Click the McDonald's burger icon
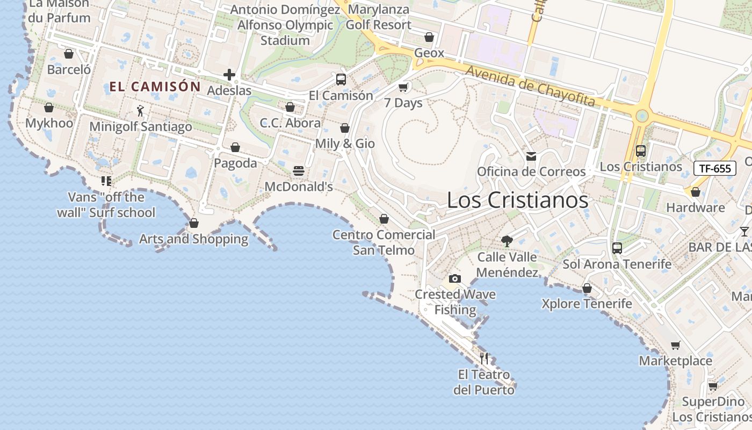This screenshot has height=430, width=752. [x=299, y=171]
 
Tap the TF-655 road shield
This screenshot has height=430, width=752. [x=714, y=168]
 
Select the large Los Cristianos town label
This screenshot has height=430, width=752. [x=517, y=200]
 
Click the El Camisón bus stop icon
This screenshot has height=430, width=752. [x=341, y=80]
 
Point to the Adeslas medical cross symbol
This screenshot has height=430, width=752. [x=229, y=75]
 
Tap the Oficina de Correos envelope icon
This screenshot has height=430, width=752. [x=531, y=156]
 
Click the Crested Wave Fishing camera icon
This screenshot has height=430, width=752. [x=455, y=278]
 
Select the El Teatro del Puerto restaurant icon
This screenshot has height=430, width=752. [x=484, y=358]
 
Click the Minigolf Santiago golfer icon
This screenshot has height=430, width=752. [x=140, y=111]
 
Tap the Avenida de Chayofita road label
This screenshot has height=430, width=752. [x=530, y=86]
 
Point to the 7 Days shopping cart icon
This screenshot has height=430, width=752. [x=403, y=87]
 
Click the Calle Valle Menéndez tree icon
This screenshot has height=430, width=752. [x=507, y=241]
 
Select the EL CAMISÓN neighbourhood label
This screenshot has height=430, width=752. [x=155, y=87]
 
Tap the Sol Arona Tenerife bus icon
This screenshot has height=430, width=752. [x=617, y=248]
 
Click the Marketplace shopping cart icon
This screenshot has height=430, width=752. [x=675, y=345]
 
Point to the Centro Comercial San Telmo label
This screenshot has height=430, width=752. [x=384, y=242]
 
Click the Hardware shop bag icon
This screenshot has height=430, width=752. [x=696, y=192]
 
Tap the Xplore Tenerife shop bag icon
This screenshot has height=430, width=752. [x=587, y=289]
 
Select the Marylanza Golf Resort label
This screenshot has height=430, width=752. [x=378, y=17]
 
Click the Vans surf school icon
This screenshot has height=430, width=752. [x=106, y=181]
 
